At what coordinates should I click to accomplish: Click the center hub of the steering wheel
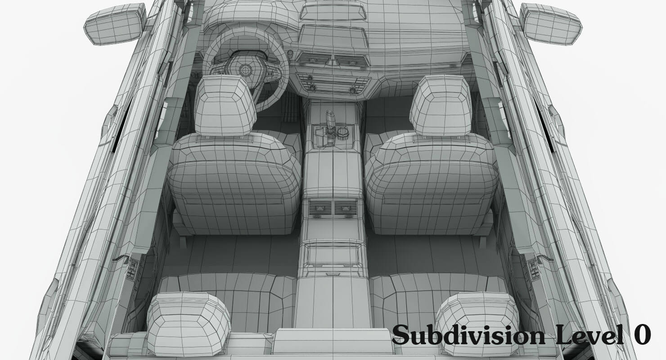point(246,70)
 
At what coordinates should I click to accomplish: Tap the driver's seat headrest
point(225,106)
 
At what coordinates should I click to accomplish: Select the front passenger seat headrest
point(441,105)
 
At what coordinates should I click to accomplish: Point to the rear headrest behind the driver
point(189,324)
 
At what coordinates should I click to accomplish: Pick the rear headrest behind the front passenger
point(477,324)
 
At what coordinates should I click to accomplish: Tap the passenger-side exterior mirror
point(551,24)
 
